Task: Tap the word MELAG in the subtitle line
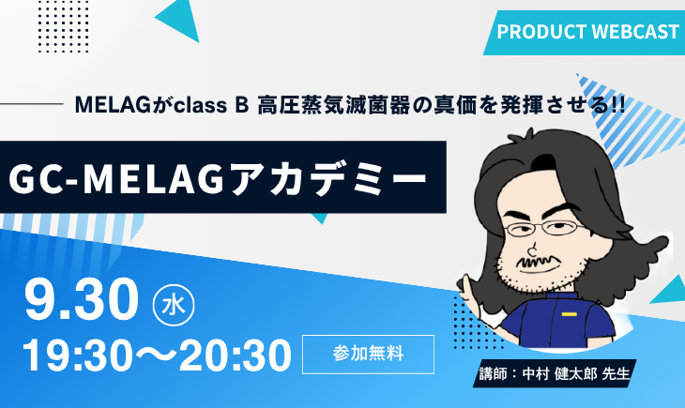114,105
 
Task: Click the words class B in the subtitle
211,105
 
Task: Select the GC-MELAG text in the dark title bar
116,178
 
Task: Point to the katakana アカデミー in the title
328,178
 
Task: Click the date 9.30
82,299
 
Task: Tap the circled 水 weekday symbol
174,305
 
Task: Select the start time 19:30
78,355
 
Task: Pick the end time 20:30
235,355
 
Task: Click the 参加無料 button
368,355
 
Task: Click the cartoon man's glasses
543,229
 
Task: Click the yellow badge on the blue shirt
570,314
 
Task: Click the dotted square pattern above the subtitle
64,27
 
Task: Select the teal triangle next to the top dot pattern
179,19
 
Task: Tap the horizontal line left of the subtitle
32,104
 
